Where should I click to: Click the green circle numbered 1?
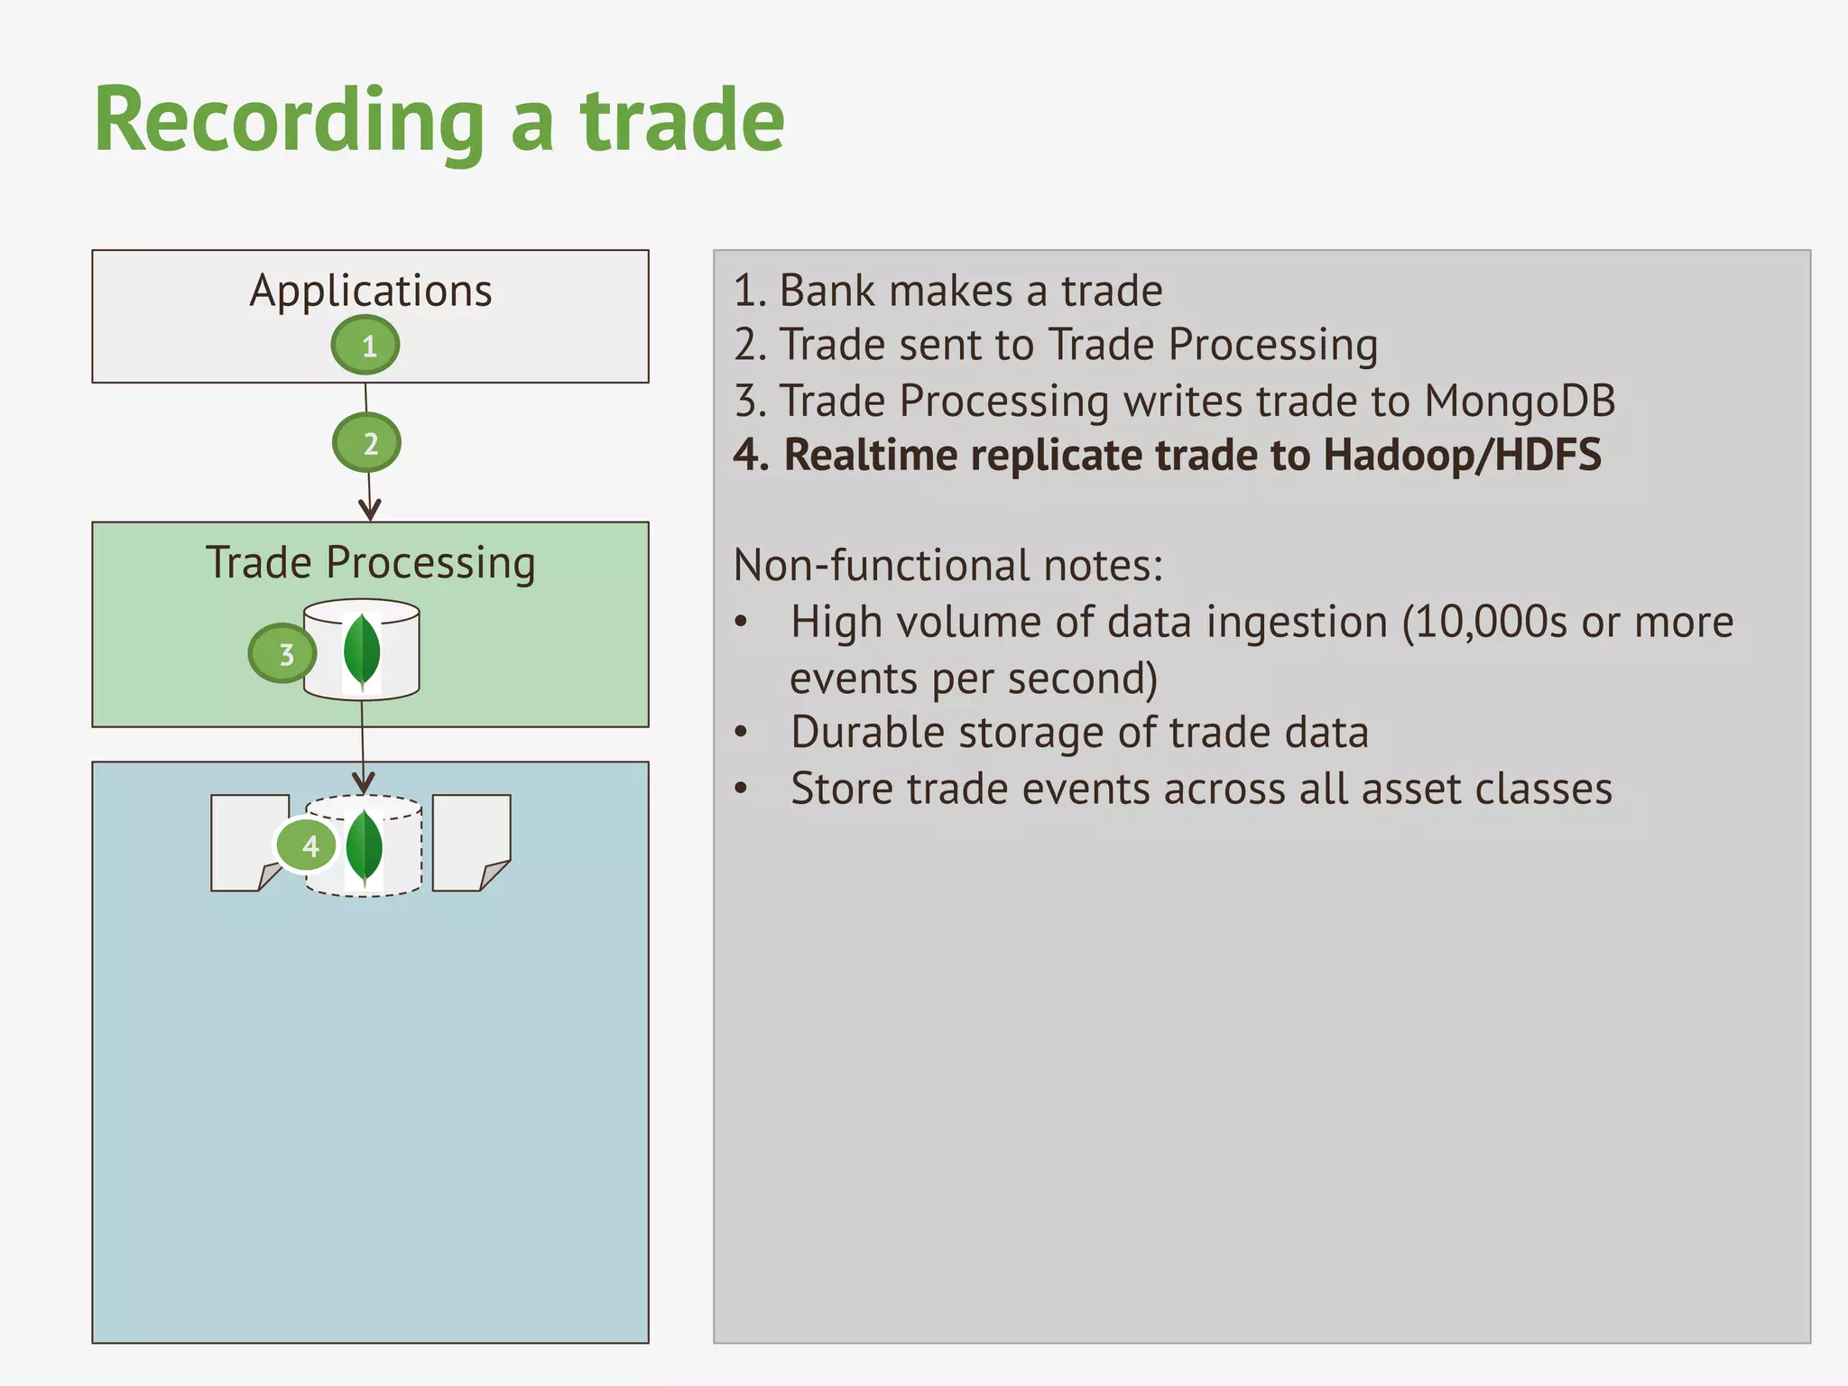[365, 346]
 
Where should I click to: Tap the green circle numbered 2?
[367, 443]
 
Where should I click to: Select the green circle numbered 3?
[283, 653]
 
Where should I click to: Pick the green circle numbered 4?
[308, 845]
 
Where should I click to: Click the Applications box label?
[371, 291]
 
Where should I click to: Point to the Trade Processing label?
[371, 563]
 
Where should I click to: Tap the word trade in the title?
[682, 120]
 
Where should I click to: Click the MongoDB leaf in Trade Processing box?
[362, 650]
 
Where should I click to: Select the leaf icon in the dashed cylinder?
[364, 846]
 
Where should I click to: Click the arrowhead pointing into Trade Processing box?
[370, 510]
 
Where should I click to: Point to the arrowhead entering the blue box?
[364, 781]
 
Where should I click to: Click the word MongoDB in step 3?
[1520, 402]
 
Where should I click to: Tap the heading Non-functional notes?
[947, 566]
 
